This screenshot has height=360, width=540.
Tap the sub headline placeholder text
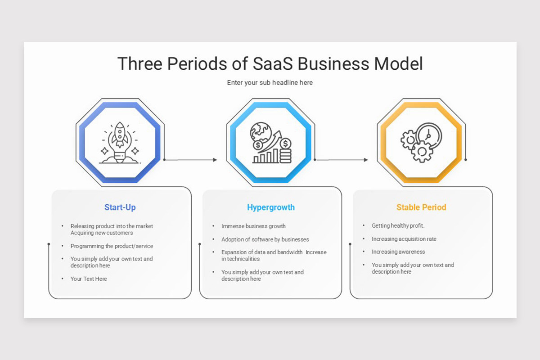[x=270, y=83]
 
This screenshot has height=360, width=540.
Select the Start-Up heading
[x=120, y=207]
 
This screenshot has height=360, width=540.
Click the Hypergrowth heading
[x=270, y=207]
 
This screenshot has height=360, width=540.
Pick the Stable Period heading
[x=421, y=207]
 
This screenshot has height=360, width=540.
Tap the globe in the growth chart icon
[x=261, y=132]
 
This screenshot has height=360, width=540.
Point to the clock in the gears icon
[x=429, y=135]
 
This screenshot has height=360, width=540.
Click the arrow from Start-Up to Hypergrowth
[x=191, y=160]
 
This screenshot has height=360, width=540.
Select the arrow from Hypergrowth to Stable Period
[x=342, y=160]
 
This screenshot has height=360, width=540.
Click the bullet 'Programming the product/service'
[x=112, y=246]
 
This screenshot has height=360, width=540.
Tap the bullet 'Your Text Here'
[x=89, y=279]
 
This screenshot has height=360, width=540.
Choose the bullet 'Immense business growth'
[x=253, y=226]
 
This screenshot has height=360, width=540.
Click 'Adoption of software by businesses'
[x=265, y=239]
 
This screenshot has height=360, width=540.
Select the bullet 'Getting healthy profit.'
[x=398, y=226]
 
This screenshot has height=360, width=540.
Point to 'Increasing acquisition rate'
[x=404, y=239]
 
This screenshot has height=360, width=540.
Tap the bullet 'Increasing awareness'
[x=398, y=252]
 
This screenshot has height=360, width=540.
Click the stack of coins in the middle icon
[x=285, y=152]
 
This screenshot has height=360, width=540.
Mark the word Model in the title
[x=398, y=64]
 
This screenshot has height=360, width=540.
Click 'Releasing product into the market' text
[x=112, y=226]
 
